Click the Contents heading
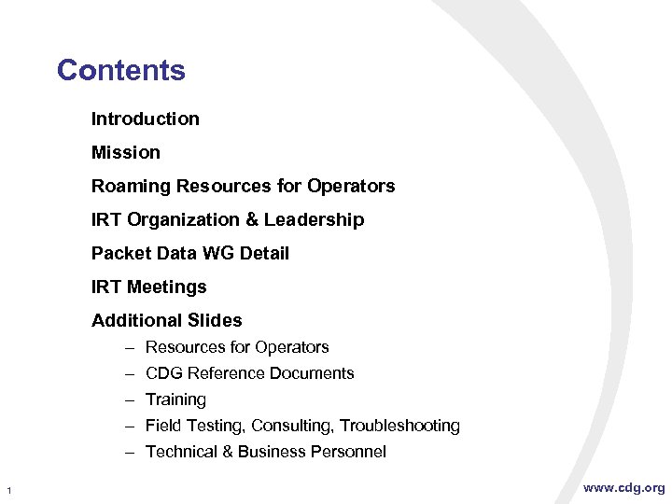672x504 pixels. coord(121,70)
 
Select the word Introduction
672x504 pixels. coord(145,119)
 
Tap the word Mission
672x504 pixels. coord(126,152)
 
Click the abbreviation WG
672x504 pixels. coord(219,253)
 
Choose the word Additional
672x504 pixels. coord(134,320)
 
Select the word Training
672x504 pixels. coord(175,399)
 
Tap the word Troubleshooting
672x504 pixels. coord(399,426)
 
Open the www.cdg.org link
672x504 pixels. coord(624,487)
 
